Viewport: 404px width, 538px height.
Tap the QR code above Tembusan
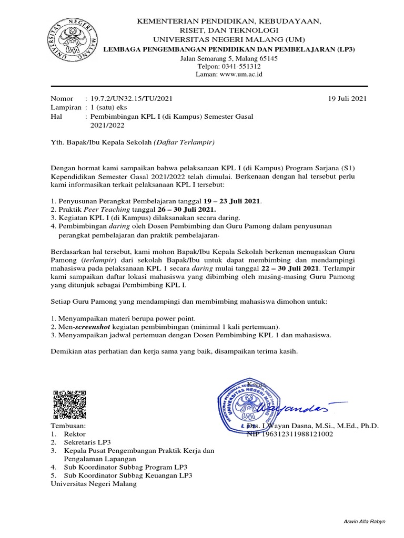pyautogui.click(x=70, y=403)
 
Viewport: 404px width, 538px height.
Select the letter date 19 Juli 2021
pyautogui.click(x=347, y=98)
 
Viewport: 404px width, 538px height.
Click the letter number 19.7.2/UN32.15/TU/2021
pyautogui.click(x=131, y=98)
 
